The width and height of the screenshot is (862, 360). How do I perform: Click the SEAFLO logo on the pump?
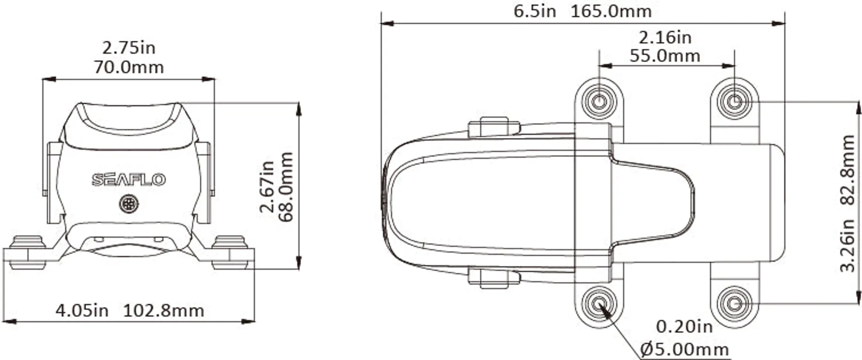[129, 180]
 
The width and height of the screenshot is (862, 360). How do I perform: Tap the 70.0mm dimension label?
[129, 67]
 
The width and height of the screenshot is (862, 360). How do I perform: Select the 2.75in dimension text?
[129, 48]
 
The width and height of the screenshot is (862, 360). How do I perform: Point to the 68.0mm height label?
[286, 187]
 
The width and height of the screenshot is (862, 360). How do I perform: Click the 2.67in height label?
[267, 186]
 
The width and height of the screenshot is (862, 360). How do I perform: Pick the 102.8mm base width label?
[163, 311]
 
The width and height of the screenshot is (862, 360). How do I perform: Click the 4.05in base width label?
[82, 311]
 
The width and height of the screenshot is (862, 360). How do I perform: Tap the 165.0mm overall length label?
[611, 11]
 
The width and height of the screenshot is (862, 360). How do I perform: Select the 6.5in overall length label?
[535, 11]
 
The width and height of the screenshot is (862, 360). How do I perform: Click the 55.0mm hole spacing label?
[665, 56]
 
